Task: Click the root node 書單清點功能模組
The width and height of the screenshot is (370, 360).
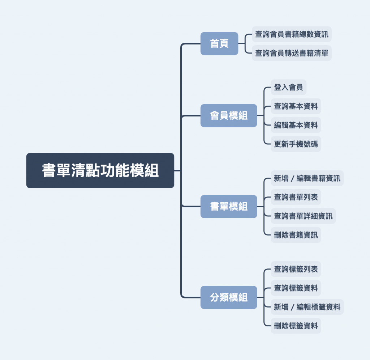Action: click(x=100, y=170)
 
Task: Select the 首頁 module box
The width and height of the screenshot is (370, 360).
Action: click(x=219, y=43)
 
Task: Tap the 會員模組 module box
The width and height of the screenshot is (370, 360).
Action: click(x=229, y=115)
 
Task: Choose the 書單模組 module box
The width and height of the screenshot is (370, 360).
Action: click(x=229, y=206)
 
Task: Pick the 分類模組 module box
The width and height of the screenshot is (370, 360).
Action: click(x=229, y=297)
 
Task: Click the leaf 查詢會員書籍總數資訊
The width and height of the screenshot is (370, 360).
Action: click(x=292, y=34)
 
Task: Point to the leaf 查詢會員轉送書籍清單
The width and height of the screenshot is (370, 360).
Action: click(x=292, y=53)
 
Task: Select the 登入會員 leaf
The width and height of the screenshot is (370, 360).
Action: click(x=288, y=87)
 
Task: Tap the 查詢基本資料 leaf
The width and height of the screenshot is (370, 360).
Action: click(x=296, y=106)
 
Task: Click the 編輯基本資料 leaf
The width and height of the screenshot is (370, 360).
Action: click(x=296, y=125)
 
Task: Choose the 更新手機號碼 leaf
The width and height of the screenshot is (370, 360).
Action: click(x=296, y=144)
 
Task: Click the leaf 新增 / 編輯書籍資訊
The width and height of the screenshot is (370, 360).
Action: click(x=307, y=178)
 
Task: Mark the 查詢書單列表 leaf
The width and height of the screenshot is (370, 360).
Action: click(x=296, y=197)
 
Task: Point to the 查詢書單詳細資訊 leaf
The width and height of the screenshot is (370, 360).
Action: click(x=303, y=216)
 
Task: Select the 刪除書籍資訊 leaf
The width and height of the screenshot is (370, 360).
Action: click(x=296, y=235)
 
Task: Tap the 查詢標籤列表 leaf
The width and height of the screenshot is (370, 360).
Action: click(x=296, y=269)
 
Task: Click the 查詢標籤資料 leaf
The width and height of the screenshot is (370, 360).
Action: click(x=296, y=288)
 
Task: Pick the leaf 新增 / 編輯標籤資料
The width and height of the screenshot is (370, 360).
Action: click(x=307, y=307)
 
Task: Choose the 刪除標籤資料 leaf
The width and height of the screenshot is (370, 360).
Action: click(x=296, y=326)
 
